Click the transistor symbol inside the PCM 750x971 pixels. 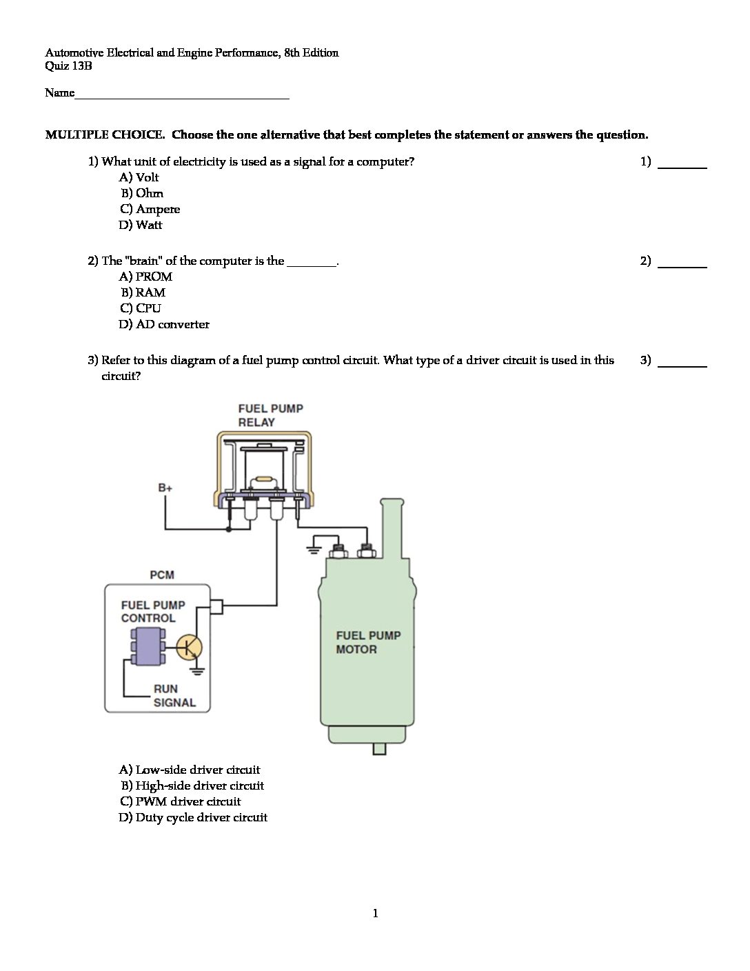pyautogui.click(x=189, y=648)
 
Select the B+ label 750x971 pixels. pyautogui.click(x=165, y=488)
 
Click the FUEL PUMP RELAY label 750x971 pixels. pyautogui.click(x=270, y=415)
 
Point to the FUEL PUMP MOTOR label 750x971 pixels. pyautogui.click(x=367, y=642)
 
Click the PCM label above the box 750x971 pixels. pyautogui.click(x=162, y=574)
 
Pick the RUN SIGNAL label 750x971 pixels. pyautogui.click(x=174, y=695)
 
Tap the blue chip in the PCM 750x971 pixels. pyautogui.click(x=148, y=647)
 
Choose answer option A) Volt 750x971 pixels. pyautogui.click(x=139, y=177)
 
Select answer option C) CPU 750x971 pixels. pyautogui.click(x=141, y=308)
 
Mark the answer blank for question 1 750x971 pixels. pyautogui.click(x=682, y=165)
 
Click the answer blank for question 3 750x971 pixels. pyautogui.click(x=682, y=363)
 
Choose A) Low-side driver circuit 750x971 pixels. pyautogui.click(x=190, y=770)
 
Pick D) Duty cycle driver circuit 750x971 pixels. pyautogui.click(x=193, y=817)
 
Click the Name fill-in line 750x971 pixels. pyautogui.click(x=182, y=95)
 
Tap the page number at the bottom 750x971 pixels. pyautogui.click(x=375, y=913)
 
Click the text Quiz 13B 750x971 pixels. pyautogui.click(x=68, y=66)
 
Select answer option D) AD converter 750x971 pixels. pyautogui.click(x=164, y=324)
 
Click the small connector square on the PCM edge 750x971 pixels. pyautogui.click(x=216, y=606)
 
